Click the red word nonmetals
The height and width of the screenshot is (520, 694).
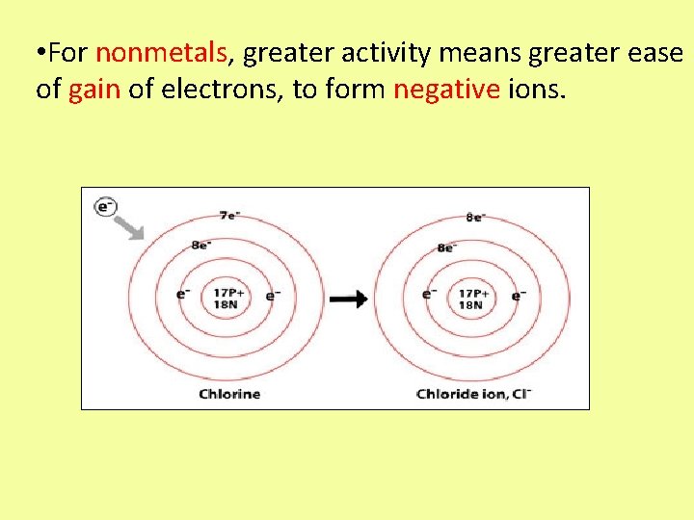click(x=161, y=53)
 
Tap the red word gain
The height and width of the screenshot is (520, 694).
click(x=94, y=90)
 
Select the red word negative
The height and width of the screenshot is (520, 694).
click(x=446, y=90)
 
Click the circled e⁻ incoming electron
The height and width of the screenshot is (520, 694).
click(x=105, y=206)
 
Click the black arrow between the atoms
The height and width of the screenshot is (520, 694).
click(x=348, y=299)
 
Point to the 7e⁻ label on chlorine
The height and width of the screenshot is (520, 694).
click(x=228, y=216)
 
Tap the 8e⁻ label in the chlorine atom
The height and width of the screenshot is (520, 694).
click(x=201, y=245)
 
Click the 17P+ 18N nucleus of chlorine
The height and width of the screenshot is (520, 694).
click(x=229, y=299)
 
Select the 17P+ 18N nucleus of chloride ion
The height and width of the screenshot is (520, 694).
click(x=472, y=299)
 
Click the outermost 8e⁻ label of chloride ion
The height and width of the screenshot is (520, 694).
click(x=474, y=218)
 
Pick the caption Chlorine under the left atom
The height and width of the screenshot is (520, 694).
click(x=229, y=394)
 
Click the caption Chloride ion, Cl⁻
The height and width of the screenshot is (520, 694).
click(x=473, y=394)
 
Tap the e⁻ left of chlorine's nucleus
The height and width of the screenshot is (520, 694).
click(x=183, y=293)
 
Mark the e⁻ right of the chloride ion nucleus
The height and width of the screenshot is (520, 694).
click(x=519, y=295)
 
